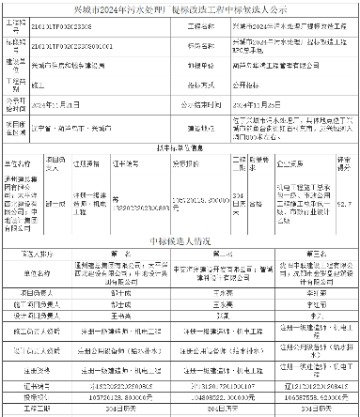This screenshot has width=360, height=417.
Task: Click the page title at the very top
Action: click(180, 7)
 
